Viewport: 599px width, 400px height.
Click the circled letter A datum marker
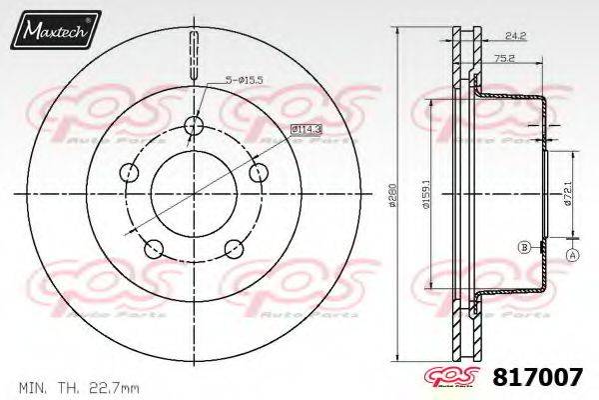(x=572, y=256)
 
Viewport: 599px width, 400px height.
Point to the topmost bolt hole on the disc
(x=195, y=125)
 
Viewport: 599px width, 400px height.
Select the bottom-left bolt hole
(x=153, y=247)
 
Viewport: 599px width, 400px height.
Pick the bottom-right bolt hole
(x=236, y=247)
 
